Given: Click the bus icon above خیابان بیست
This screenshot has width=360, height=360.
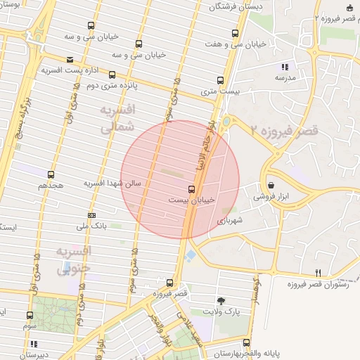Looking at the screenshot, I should click(x=192, y=189).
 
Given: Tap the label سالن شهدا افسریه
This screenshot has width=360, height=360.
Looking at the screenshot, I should click(x=112, y=183).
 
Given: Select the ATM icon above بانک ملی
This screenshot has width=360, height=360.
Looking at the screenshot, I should click(x=91, y=215).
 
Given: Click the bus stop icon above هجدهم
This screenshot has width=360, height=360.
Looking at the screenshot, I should click(x=51, y=174).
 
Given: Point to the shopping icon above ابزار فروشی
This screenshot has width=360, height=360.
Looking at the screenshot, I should click(x=271, y=185).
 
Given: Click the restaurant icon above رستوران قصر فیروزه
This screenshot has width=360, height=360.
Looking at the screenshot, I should click(x=318, y=273).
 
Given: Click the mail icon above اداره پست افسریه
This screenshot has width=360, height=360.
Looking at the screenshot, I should click(x=70, y=60).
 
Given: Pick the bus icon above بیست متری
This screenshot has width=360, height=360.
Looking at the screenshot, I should click(x=220, y=80).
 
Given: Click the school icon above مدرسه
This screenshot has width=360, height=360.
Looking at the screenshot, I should click(x=285, y=66).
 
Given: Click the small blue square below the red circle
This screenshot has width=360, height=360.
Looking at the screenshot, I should click(x=191, y=254).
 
